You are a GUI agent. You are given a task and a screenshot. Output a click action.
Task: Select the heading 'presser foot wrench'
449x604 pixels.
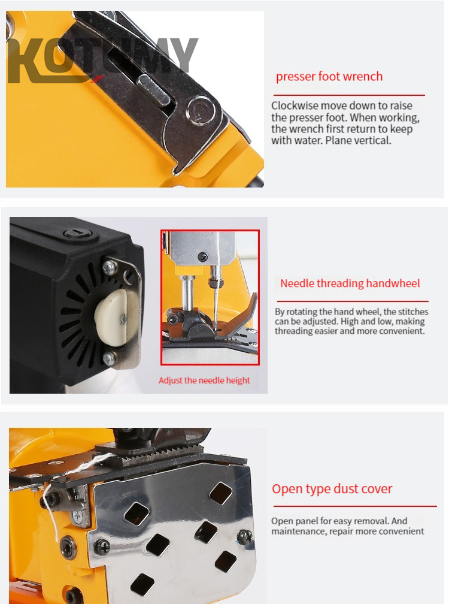pos(329,77)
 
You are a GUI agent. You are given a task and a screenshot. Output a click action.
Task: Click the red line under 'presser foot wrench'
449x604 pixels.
pos(348,95)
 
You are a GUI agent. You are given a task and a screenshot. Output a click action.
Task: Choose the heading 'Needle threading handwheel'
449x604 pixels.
pos(350,283)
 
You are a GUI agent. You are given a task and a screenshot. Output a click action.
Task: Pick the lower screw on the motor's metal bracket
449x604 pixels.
pos(110,358)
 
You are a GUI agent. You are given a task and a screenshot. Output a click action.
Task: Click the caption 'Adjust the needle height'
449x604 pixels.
pos(204,380)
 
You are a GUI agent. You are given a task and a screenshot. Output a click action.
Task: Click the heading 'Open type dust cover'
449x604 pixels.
pos(332,488)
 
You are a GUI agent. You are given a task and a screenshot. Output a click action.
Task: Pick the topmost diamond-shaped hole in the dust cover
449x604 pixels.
pos(221,491)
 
